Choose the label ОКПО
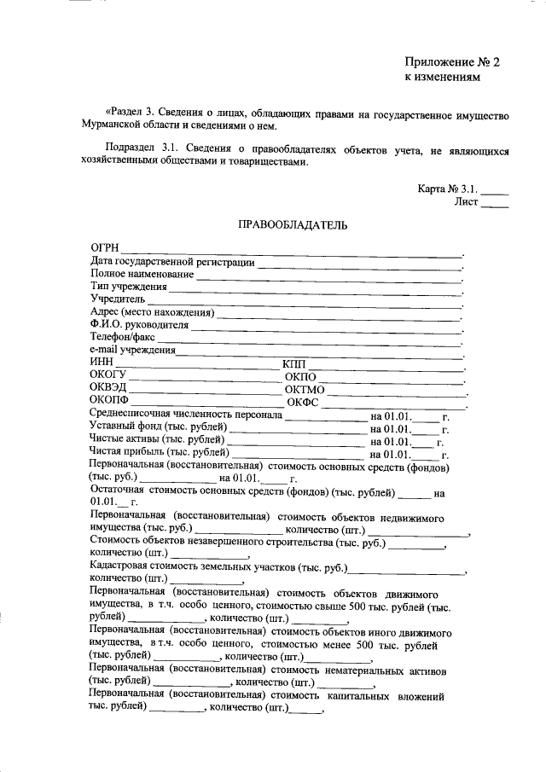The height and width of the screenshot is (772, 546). click(x=301, y=377)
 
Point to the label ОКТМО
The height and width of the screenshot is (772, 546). click(x=305, y=390)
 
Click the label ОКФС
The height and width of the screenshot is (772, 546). click(x=303, y=403)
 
